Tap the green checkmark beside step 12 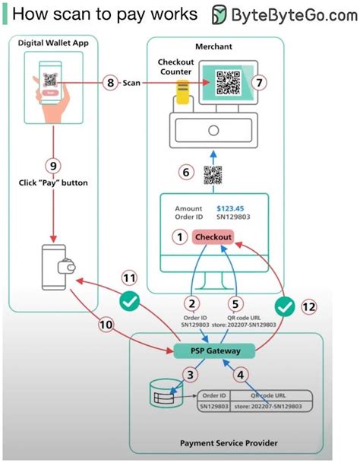click(283, 309)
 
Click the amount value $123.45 click(231, 208)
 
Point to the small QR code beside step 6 click(213, 173)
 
